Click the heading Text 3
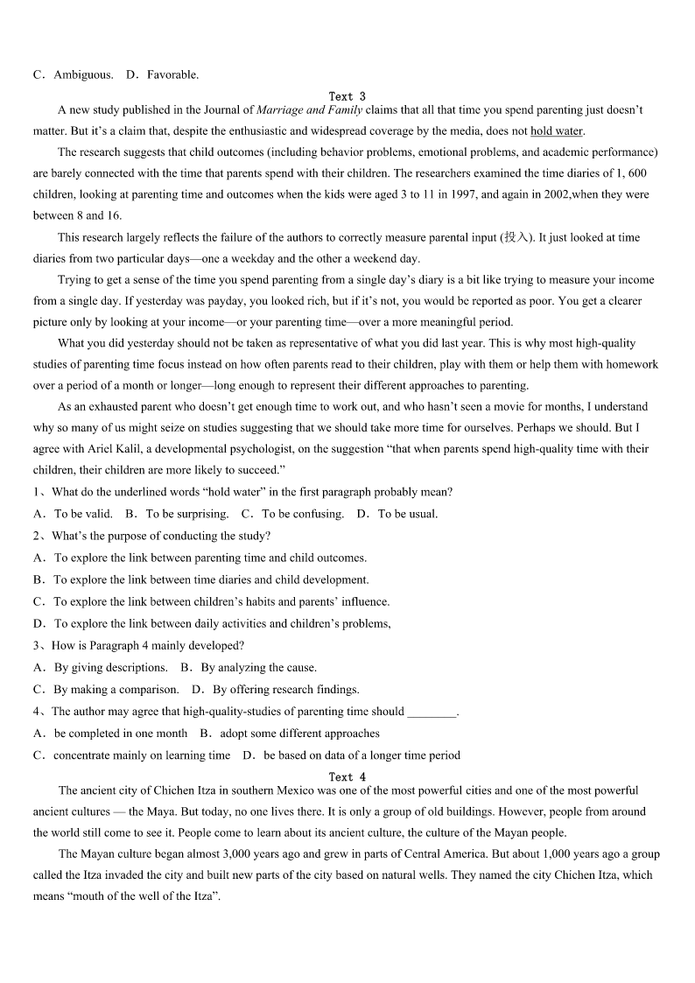(x=347, y=96)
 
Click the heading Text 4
(x=347, y=776)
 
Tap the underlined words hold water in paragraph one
(x=557, y=131)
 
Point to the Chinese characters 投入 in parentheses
(x=516, y=237)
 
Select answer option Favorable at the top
(x=172, y=74)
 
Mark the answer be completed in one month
(x=120, y=733)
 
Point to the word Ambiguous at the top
(x=82, y=74)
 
